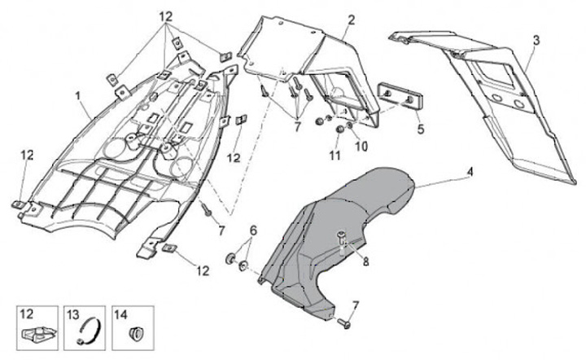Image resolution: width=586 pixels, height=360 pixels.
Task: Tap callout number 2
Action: (351, 19)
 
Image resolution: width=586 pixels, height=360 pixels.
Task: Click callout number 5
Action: (421, 128)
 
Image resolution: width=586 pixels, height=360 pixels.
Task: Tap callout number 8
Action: (365, 262)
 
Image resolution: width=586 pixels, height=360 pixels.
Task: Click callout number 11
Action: (333, 154)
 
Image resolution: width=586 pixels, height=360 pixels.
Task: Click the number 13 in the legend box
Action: (72, 314)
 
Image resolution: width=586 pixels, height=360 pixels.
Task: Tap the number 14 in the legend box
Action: (120, 314)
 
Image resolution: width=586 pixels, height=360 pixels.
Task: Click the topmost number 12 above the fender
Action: (166, 16)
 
